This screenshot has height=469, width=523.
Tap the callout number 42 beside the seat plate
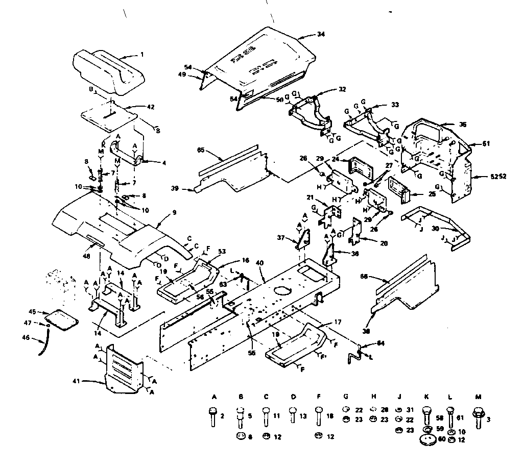coord(136,107)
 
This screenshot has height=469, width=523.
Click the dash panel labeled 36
coord(434,153)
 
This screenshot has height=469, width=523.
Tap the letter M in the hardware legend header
coord(479,397)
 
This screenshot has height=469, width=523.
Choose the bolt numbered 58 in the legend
coord(427,413)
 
